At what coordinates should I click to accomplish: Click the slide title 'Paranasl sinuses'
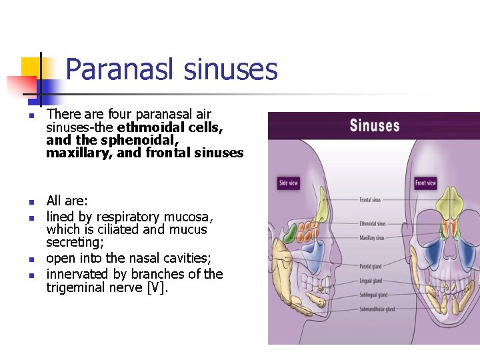tap(171, 69)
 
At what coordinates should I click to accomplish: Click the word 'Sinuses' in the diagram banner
tap(374, 125)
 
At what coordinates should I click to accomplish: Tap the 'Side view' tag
tap(288, 183)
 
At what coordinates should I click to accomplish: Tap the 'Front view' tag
tap(425, 183)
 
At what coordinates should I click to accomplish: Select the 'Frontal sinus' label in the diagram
tap(370, 200)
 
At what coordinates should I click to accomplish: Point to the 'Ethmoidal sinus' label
tap(372, 224)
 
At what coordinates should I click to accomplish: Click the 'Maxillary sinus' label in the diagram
tap(371, 238)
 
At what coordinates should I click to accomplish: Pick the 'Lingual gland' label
tap(370, 281)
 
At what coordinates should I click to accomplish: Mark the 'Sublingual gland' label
tap(373, 295)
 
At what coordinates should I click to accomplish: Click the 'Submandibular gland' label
tap(376, 309)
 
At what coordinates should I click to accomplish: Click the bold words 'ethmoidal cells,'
tap(170, 127)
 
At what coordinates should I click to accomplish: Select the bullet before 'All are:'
tap(31, 201)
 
